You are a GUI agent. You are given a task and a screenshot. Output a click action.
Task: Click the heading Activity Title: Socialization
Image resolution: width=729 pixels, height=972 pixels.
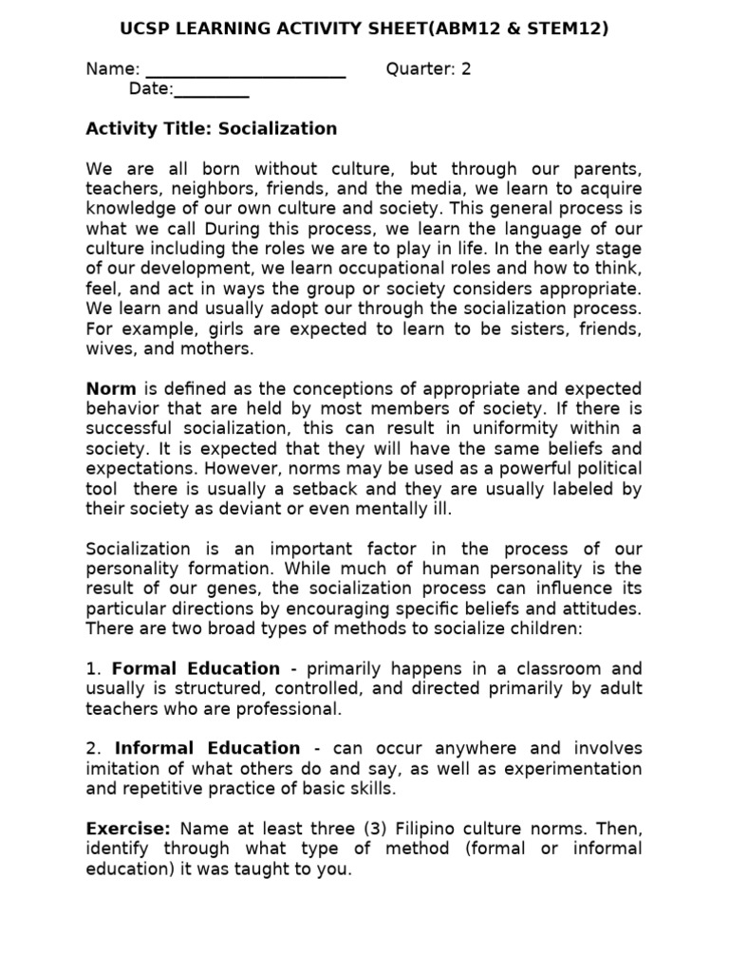click(211, 128)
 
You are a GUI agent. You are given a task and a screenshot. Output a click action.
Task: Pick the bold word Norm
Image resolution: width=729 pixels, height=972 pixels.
click(111, 389)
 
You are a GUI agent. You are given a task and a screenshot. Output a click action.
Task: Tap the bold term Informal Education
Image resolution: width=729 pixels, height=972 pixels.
click(206, 748)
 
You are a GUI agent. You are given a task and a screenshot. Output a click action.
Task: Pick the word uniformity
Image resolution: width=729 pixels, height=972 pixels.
click(520, 429)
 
